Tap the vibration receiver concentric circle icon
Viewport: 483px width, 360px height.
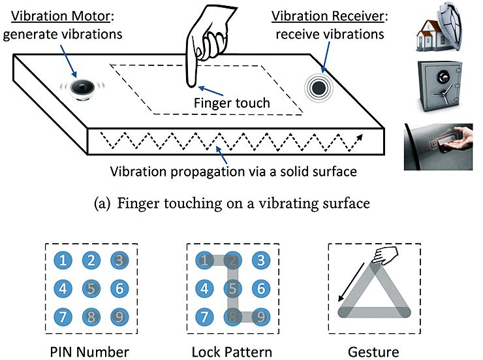pos(319,86)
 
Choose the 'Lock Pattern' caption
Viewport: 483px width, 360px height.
pos(232,352)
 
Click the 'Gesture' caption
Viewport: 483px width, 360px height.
pos(374,352)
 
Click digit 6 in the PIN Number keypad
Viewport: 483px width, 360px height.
pos(119,288)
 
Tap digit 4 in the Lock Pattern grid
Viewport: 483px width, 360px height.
pos(204,288)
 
